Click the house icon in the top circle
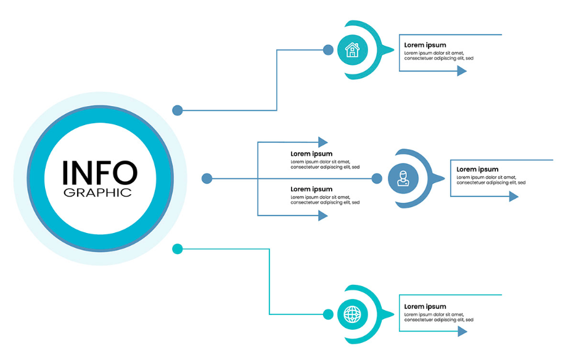pyautogui.click(x=352, y=50)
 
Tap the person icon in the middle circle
pyautogui.click(x=403, y=178)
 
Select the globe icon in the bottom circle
pyautogui.click(x=352, y=314)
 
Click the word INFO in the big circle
pyautogui.click(x=100, y=173)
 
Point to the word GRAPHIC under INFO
pyautogui.click(x=97, y=192)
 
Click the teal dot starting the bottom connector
pyautogui.click(x=177, y=249)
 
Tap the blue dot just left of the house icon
pyautogui.click(x=328, y=50)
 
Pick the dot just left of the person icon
pyautogui.click(x=377, y=178)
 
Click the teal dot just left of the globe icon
pyautogui.click(x=328, y=314)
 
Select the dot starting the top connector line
pyautogui.click(x=177, y=110)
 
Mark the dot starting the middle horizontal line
pyautogui.click(x=207, y=178)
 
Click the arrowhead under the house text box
pyautogui.click(x=462, y=71)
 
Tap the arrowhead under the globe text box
pyautogui.click(x=462, y=331)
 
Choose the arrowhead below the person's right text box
pyautogui.click(x=514, y=196)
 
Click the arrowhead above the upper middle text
pyautogui.click(x=323, y=142)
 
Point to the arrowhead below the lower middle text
pyautogui.click(x=323, y=216)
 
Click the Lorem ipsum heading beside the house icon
pyautogui.click(x=425, y=45)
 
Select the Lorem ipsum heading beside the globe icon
pyautogui.click(x=425, y=306)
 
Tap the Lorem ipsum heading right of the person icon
pyautogui.click(x=477, y=170)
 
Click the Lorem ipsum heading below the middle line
pyautogui.click(x=311, y=189)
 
